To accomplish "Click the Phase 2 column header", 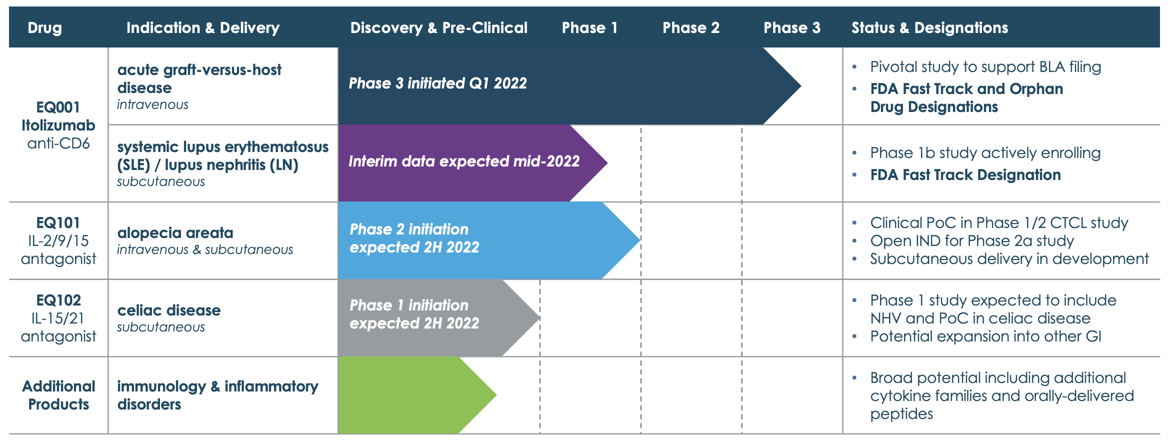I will point(690,27).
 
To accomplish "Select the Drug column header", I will point(44,27).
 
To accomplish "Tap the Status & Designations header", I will point(929,27).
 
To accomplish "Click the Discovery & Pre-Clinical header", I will point(438,27).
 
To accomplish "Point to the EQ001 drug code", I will point(58,107).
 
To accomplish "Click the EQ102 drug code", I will point(58,300).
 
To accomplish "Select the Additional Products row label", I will point(58,395).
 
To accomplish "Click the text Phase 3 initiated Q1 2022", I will point(437,83).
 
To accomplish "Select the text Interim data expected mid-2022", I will point(463,161).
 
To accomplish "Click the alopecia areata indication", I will point(175,232).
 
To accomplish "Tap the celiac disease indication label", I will point(168,310).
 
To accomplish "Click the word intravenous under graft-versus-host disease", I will point(152,104).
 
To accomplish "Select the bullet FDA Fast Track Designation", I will point(965,174).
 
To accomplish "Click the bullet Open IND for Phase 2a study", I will point(971,240).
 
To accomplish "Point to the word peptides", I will point(901,413).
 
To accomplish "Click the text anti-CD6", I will point(58,143).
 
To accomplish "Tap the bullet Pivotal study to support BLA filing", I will point(985,66).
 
